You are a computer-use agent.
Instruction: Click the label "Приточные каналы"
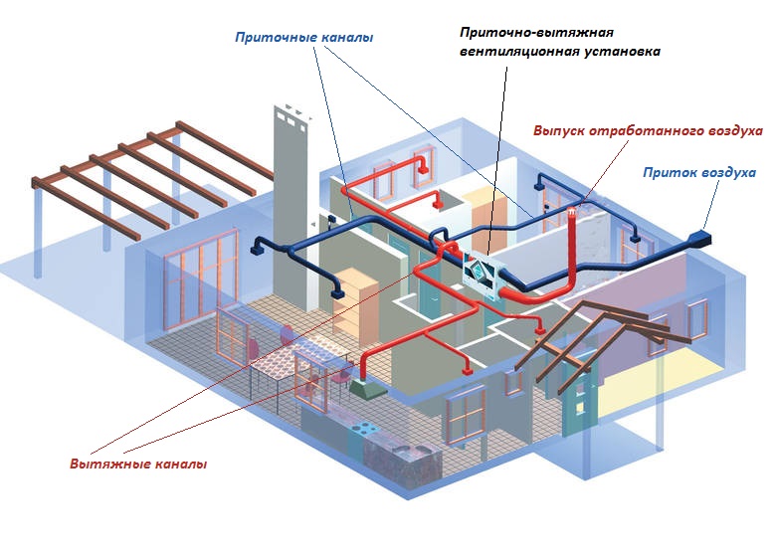pyautogui.click(x=303, y=38)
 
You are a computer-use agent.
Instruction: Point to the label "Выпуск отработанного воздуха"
pyautogui.click(x=647, y=130)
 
